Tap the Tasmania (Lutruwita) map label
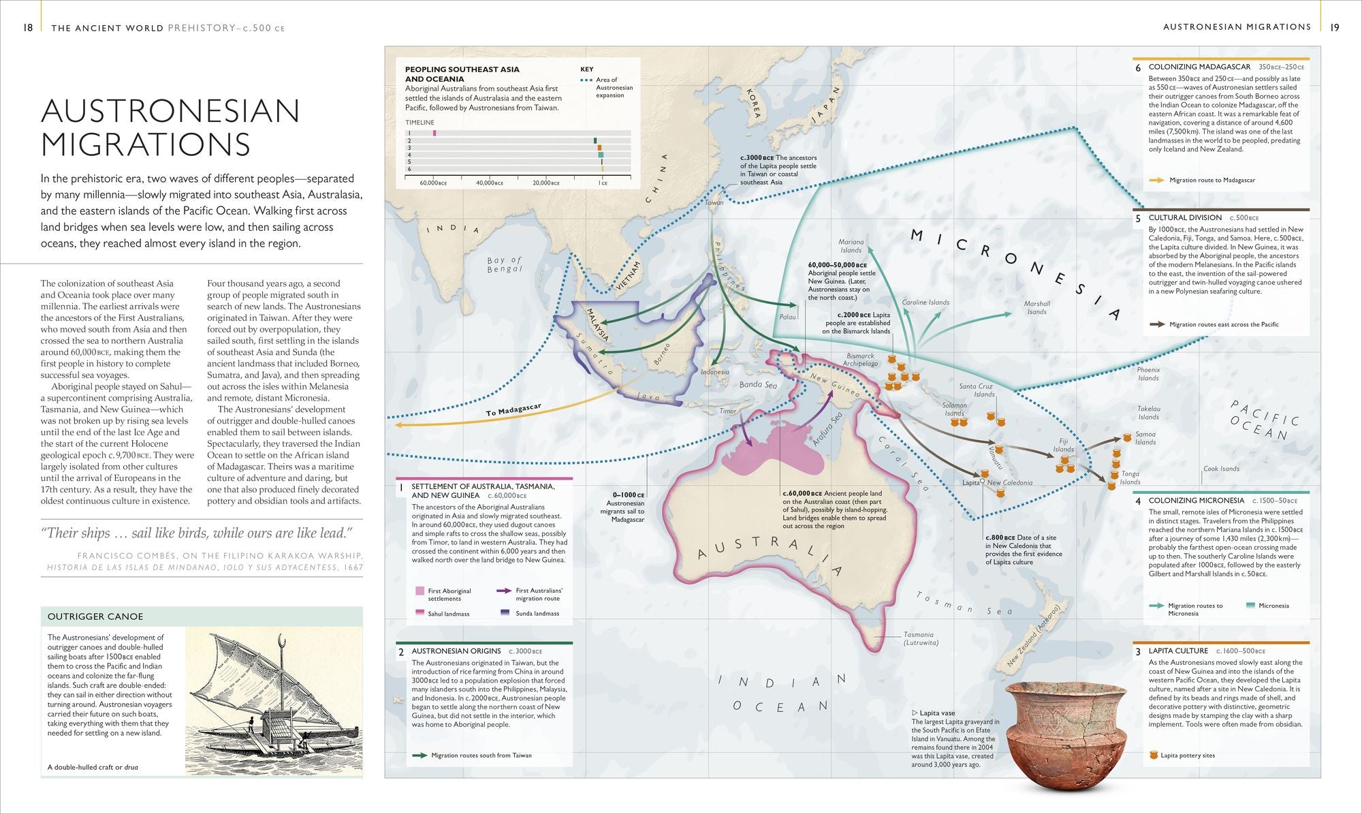(x=920, y=638)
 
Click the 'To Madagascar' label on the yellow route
(x=513, y=409)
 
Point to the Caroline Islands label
(x=925, y=302)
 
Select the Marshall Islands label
(x=1036, y=308)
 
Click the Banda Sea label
(x=758, y=385)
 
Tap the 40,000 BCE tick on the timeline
(x=489, y=183)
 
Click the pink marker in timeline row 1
(x=434, y=133)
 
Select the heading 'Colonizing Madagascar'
(x=1199, y=67)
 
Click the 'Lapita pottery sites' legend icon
(x=1153, y=755)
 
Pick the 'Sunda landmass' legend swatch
(x=505, y=613)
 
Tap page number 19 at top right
(x=1335, y=27)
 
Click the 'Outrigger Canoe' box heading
(x=95, y=616)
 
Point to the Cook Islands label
(x=1221, y=469)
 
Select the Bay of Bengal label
(x=504, y=264)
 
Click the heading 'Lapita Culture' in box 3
(x=1177, y=651)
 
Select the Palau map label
(x=787, y=317)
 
